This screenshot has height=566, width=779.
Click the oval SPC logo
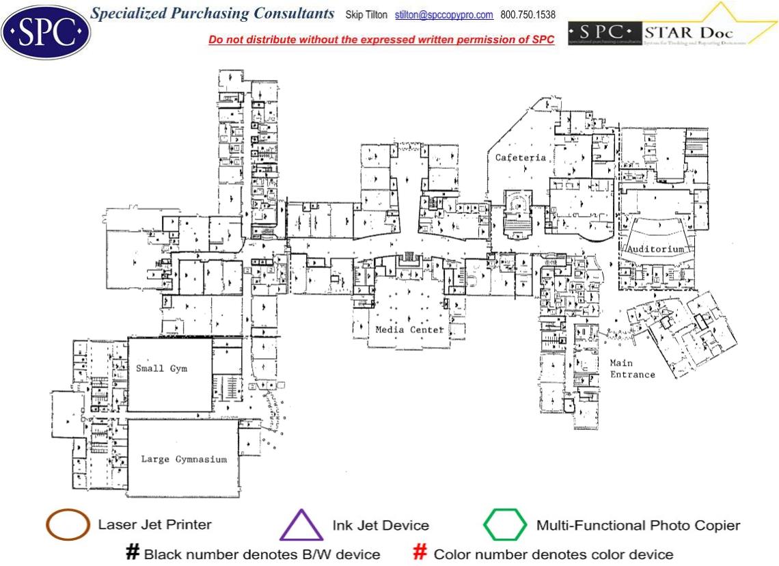coord(46,31)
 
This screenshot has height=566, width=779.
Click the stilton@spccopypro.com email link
coord(443,14)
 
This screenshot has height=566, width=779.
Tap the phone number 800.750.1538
coord(528,14)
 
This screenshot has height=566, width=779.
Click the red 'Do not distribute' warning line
coord(381,40)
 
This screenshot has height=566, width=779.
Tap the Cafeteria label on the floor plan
coord(521,157)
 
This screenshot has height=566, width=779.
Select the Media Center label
coord(409,329)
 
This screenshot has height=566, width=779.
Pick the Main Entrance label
coord(632,368)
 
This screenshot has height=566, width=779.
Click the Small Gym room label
coord(161,368)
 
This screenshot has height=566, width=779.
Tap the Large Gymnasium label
coord(184,459)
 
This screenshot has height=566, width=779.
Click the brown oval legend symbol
coord(68,525)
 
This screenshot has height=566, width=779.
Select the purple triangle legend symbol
coord(301,526)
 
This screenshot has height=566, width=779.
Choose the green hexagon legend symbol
coord(505,525)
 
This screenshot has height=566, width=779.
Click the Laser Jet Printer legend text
coord(154,525)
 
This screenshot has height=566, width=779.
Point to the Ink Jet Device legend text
coord(381,526)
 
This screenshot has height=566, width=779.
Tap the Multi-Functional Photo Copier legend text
coord(638,526)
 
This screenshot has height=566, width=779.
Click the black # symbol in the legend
coord(133,553)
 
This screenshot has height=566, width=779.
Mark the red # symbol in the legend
coord(421,553)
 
